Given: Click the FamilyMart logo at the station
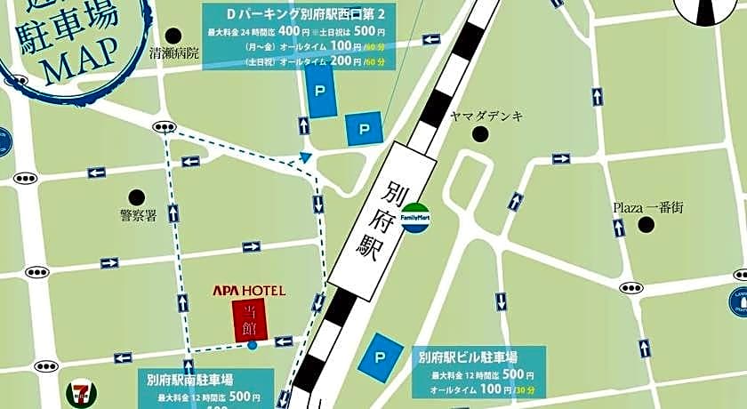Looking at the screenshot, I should [x=415, y=217].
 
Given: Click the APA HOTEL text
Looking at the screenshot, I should [x=248, y=291].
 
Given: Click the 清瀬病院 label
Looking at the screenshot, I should [x=174, y=53].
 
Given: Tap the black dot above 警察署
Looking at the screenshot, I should [x=136, y=196].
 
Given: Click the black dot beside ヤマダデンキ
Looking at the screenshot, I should [x=481, y=134].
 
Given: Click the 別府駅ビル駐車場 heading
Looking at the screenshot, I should [x=476, y=357].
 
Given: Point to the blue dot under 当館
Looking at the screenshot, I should [x=253, y=344].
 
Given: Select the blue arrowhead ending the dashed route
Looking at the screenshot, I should [x=306, y=157].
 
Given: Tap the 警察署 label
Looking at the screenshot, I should [x=138, y=213].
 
